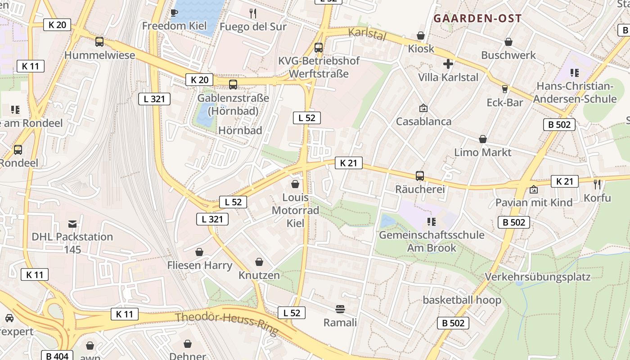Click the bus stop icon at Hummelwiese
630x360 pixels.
coord(99,42)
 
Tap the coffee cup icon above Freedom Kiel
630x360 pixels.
coord(174,13)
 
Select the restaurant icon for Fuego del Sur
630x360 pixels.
coord(253,13)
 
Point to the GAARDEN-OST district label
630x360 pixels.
coord(477,18)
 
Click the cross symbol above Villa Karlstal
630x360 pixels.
coord(448,64)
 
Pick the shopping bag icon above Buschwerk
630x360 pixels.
coord(508,42)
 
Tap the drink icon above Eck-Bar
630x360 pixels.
coord(505,89)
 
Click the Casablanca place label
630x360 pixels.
coord(423,121)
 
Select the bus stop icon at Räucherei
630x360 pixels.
coord(420,176)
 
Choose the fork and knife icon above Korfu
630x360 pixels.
coord(597,184)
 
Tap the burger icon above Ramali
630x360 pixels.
coord(340,309)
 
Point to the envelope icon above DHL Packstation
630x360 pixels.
coord(72,224)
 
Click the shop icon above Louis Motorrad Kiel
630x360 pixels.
coord(295,184)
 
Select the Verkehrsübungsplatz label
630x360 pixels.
coord(537,276)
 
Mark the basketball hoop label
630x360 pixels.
coord(462,300)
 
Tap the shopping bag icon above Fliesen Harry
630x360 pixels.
coord(199,252)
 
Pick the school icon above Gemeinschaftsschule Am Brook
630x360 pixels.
coord(432,221)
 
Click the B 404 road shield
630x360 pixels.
coord(57,356)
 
